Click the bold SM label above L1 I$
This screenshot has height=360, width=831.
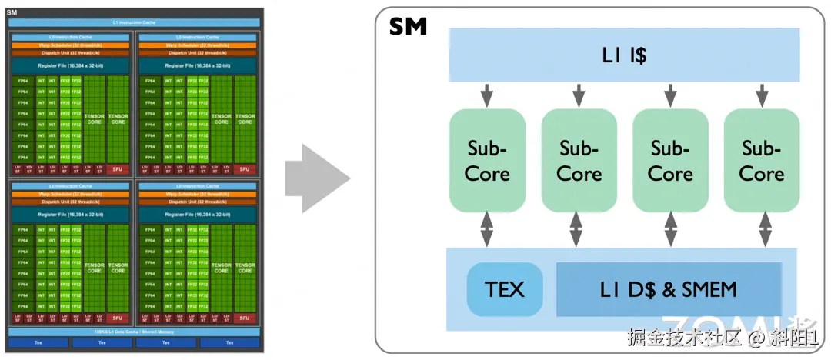[x=408, y=28]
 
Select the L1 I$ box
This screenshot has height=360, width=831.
[x=623, y=55]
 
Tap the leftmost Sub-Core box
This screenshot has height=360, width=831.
[x=487, y=160]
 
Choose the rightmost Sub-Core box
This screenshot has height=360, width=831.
[x=762, y=160]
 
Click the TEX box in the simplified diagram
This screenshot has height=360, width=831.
[x=505, y=289]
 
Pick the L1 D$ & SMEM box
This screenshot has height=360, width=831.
[x=668, y=289]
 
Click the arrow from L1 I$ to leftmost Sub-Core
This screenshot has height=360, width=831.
[x=487, y=95]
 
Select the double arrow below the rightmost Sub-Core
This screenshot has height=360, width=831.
[x=764, y=229]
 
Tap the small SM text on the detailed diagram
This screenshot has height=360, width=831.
[x=12, y=12]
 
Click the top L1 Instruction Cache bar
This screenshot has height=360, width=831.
[x=134, y=22]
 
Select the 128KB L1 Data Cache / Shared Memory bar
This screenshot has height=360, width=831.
[x=134, y=331]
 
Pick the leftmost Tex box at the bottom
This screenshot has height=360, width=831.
[x=38, y=342]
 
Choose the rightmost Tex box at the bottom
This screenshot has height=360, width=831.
[x=229, y=342]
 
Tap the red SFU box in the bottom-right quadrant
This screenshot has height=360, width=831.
[x=245, y=318]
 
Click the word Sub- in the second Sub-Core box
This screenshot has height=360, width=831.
[x=579, y=148]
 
